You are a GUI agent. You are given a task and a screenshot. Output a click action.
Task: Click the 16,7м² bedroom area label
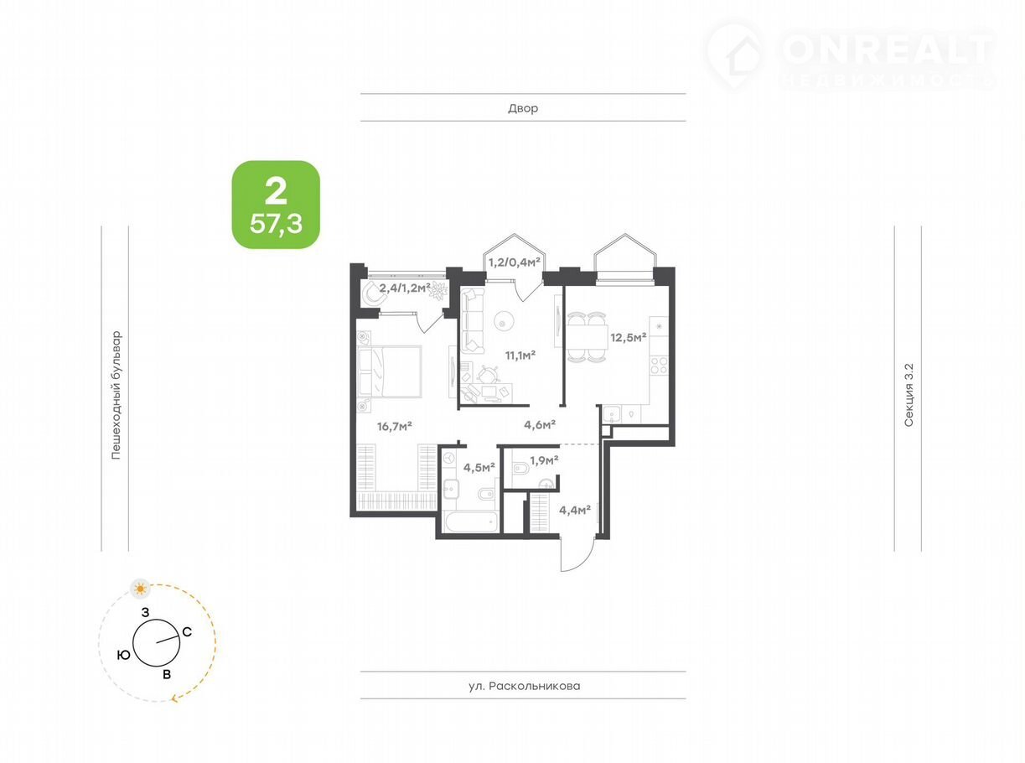(x=394, y=426)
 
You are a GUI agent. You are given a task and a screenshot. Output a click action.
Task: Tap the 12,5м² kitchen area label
(x=628, y=337)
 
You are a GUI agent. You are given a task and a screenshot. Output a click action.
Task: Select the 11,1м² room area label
(x=520, y=356)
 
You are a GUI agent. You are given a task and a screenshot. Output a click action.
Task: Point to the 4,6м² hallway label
(x=539, y=424)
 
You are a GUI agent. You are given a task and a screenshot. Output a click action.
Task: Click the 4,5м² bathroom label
(x=479, y=467)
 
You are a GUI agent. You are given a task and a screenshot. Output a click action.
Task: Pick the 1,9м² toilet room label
(x=544, y=460)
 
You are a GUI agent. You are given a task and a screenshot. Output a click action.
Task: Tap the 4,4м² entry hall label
(x=575, y=510)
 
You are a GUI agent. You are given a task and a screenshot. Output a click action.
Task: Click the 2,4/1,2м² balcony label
(x=405, y=288)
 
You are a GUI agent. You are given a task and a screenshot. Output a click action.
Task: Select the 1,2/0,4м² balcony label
(x=515, y=262)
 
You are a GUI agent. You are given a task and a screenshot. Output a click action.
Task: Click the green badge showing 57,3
(x=276, y=205)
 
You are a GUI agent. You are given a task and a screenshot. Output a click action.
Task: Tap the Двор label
(x=523, y=109)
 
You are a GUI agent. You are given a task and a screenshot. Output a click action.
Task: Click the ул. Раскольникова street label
(x=525, y=686)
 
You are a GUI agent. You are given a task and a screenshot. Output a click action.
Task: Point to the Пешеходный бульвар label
(x=116, y=394)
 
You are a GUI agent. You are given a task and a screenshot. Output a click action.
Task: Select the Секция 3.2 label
(x=909, y=395)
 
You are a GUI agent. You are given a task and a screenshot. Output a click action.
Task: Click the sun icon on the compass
(x=140, y=589)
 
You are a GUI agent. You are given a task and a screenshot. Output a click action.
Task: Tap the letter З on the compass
(x=146, y=613)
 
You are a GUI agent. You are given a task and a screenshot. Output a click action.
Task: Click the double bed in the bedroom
(x=389, y=371)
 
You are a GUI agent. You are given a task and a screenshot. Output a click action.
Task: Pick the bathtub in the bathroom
(x=470, y=522)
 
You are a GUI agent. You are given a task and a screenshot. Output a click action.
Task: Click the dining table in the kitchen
(x=587, y=338)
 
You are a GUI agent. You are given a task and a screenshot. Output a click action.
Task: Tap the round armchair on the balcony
(x=375, y=293)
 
